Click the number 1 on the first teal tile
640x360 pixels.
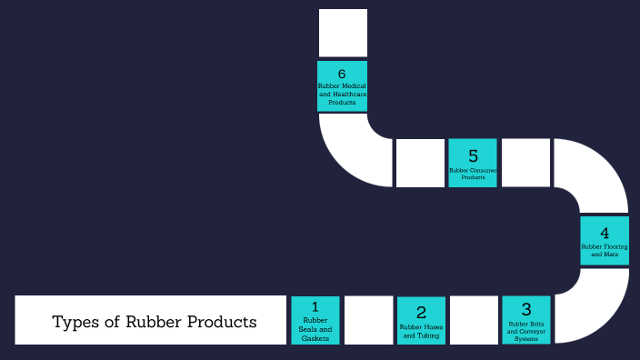(315, 307)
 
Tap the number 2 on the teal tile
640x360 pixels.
(421, 313)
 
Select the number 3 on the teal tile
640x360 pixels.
(525, 309)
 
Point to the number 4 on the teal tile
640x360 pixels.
(605, 232)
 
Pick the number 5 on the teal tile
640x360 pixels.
(473, 155)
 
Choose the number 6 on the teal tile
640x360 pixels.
(342, 74)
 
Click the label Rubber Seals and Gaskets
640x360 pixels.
(315, 329)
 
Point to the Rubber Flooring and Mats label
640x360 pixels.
(605, 250)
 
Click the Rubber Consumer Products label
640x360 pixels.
(473, 173)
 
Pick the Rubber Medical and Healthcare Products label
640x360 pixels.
(342, 94)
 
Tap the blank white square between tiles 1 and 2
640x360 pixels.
(368, 320)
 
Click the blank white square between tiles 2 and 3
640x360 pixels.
(474, 320)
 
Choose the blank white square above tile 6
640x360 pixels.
(343, 33)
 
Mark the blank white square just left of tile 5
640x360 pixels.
(420, 163)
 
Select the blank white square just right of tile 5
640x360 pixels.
(525, 163)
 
